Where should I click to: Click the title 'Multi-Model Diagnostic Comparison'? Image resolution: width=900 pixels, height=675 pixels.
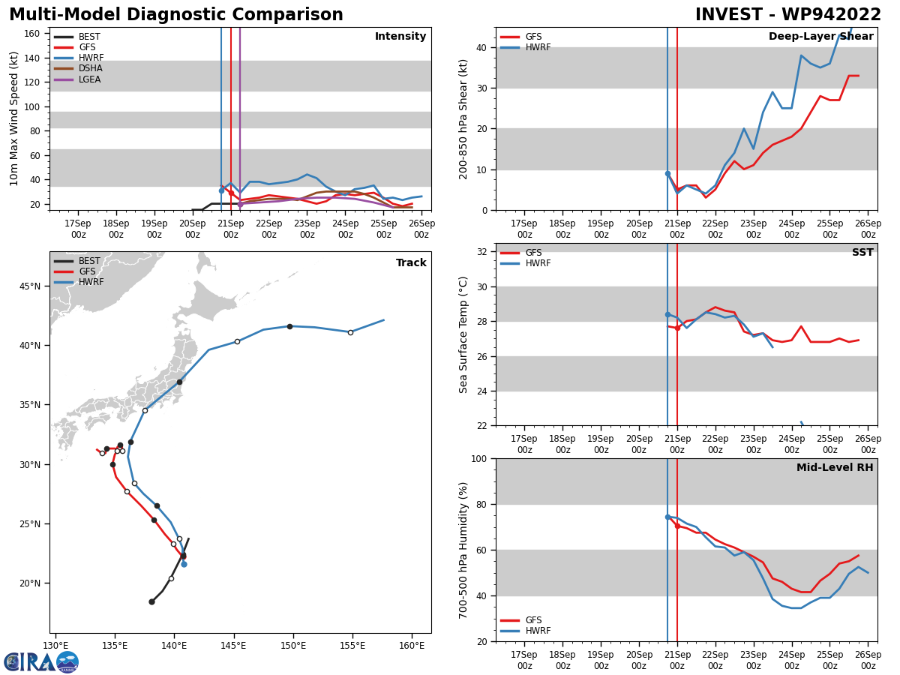(x=176, y=15)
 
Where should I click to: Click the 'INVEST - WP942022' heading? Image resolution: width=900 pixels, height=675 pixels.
(x=787, y=15)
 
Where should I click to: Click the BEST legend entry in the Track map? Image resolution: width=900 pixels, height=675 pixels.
(x=88, y=261)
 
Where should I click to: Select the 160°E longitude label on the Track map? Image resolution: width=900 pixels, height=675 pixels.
(x=412, y=645)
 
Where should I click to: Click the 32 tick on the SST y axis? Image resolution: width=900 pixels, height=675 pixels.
(x=484, y=252)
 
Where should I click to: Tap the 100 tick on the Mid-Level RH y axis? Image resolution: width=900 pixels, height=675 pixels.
(x=481, y=458)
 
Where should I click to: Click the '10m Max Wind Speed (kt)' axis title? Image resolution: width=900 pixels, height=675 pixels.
(x=14, y=118)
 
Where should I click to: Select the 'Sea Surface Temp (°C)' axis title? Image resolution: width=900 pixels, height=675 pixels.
(x=463, y=334)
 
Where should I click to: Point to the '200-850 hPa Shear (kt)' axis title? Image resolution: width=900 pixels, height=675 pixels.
(x=463, y=118)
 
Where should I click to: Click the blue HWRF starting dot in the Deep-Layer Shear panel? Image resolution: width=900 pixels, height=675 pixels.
(x=667, y=174)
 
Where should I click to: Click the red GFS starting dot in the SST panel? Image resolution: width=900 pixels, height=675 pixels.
(x=677, y=328)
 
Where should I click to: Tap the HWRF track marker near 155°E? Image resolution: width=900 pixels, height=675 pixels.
(x=350, y=332)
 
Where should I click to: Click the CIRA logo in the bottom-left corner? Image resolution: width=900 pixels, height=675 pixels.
(x=41, y=661)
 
